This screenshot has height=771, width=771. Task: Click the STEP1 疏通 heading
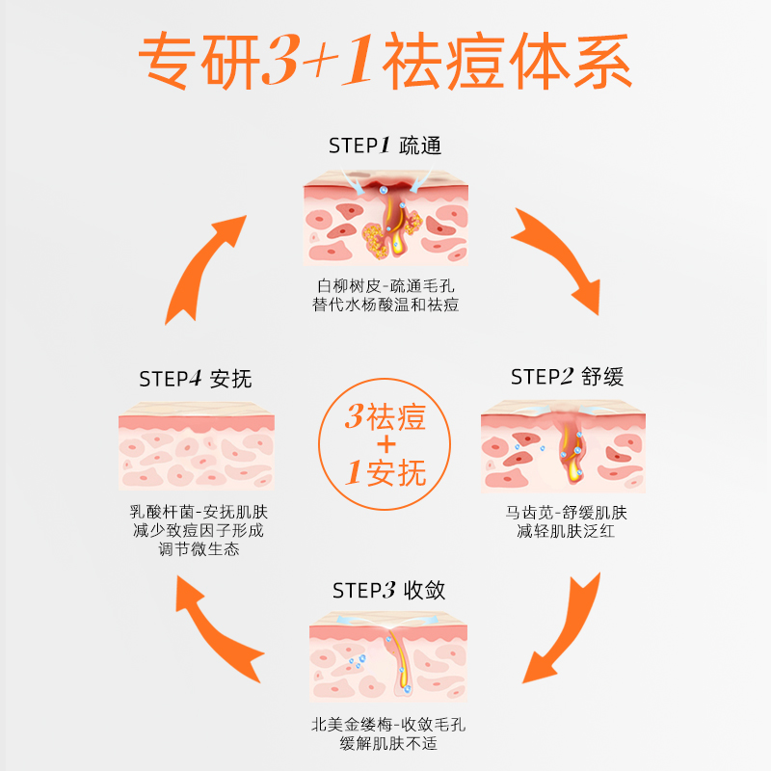pos(385,146)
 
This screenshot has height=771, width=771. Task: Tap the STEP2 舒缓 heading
pos(567,377)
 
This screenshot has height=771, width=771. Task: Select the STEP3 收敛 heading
pos(388,590)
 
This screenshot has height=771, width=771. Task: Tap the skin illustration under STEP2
pos(563,444)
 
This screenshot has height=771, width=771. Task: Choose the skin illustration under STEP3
pos(387,659)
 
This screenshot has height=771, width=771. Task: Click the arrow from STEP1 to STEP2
pos(556,260)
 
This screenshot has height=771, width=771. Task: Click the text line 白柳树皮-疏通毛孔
pos(385,286)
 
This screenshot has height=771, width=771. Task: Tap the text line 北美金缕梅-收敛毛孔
pos(388,725)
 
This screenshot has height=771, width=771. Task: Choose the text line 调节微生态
pos(199,549)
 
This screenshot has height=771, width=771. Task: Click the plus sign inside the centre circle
pos(385,445)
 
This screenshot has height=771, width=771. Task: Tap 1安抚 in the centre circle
pos(385,472)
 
